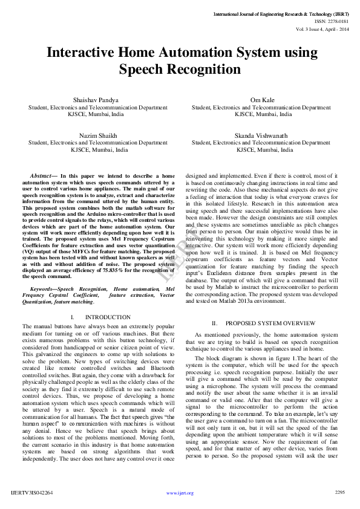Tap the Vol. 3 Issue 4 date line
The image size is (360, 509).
[322, 28]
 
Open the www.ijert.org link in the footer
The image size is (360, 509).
[180, 493]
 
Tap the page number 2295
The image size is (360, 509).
[339, 493]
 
